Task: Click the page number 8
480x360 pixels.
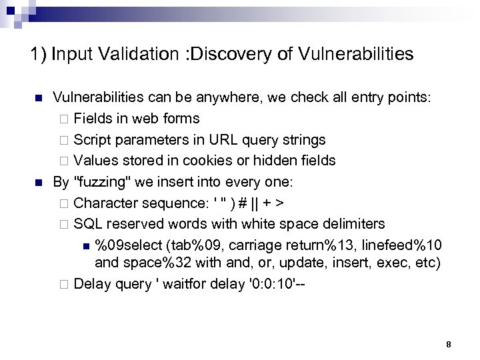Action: coord(449,344)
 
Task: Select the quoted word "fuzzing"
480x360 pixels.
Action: coord(97,181)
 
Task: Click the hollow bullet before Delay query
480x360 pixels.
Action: coord(64,284)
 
